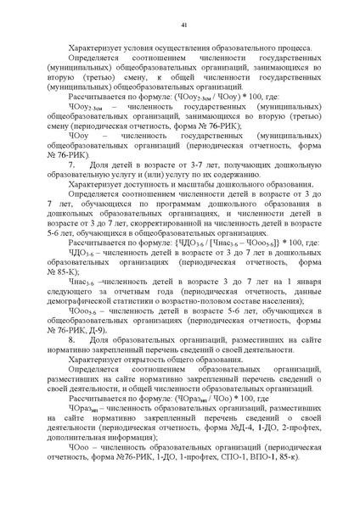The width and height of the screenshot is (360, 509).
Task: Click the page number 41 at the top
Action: pos(180,26)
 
